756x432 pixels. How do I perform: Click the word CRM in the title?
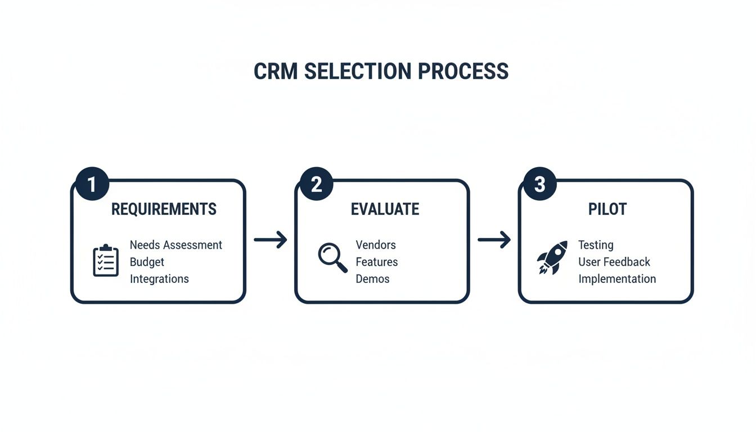[276, 71]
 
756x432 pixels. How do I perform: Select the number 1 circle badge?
[92, 184]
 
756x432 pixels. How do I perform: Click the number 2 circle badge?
[316, 184]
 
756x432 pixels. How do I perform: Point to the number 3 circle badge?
[539, 184]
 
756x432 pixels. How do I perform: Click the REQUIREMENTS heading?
[164, 209]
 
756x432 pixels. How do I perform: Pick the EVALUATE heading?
[385, 209]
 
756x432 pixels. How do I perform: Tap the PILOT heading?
[607, 209]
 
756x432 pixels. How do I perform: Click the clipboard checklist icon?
[106, 260]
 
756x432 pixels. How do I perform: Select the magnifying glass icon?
[332, 258]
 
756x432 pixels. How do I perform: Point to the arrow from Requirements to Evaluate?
[271, 240]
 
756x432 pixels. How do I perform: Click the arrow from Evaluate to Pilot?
[494, 240]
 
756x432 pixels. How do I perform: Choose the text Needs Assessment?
[176, 245]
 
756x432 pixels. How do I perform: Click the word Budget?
[147, 262]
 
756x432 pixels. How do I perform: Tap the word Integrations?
[159, 279]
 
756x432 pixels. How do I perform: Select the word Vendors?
[376, 245]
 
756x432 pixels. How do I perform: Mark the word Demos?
[372, 279]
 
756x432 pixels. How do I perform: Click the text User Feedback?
[614, 262]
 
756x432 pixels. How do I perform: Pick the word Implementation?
[616, 279]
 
